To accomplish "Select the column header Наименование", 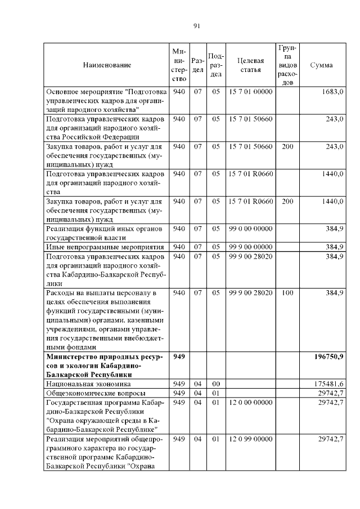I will [107, 65].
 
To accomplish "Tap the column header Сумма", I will [321, 65].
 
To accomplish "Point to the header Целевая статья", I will [251, 65].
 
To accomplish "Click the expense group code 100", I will [287, 293].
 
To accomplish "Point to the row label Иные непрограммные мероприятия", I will [105, 246].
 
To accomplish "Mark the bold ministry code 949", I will [179, 357].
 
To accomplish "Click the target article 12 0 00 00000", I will [251, 402].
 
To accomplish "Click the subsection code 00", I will [216, 383].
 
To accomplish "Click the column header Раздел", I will [197, 65].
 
